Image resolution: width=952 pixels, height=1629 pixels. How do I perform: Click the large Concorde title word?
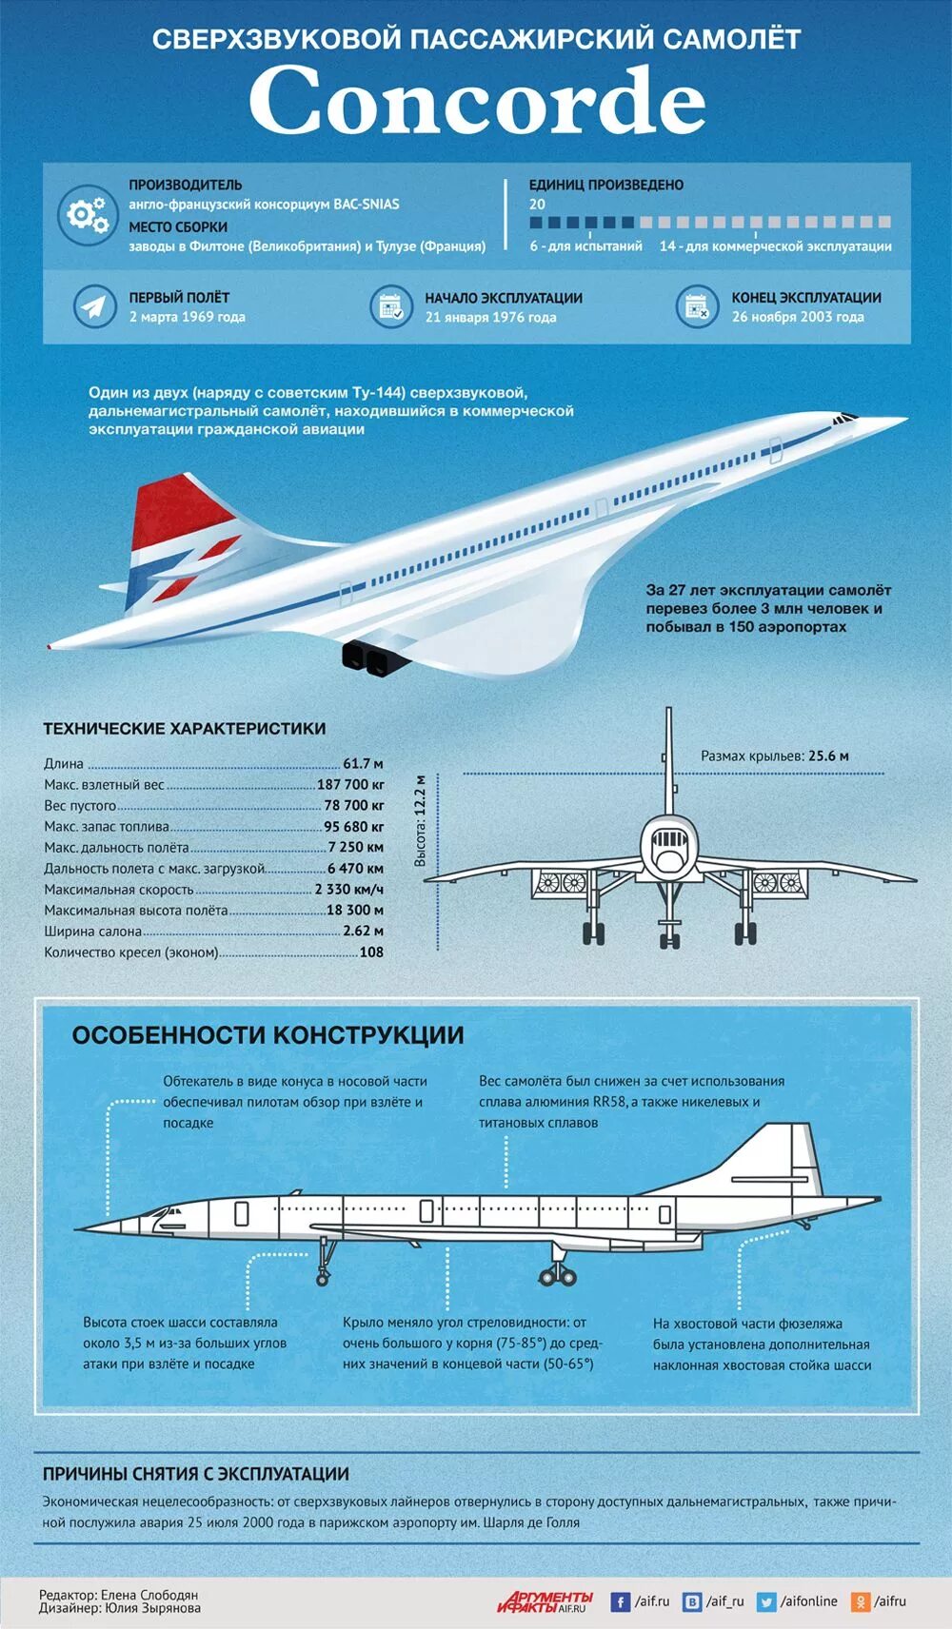(476, 101)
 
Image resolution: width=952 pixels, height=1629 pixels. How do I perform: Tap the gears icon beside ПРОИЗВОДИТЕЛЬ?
(86, 214)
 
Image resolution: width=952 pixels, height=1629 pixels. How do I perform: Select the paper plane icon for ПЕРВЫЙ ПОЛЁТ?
(94, 306)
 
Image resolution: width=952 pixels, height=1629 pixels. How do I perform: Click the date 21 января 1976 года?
(490, 318)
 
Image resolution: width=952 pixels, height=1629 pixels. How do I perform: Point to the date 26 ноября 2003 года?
(798, 318)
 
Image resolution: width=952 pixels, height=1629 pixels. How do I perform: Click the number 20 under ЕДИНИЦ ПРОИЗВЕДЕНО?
(538, 205)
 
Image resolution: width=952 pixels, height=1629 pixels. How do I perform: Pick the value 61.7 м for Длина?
(363, 764)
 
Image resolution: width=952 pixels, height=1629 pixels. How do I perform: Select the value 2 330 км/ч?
(348, 890)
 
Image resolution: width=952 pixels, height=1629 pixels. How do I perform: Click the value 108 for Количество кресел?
(371, 952)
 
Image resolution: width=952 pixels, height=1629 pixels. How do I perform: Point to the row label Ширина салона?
(93, 932)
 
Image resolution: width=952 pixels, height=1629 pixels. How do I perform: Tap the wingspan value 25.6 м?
(828, 756)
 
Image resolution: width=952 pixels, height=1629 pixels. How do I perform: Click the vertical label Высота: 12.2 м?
(421, 820)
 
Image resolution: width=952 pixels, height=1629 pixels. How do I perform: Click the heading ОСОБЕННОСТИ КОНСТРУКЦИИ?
(268, 1035)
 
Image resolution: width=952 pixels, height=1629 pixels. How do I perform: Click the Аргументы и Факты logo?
(545, 1601)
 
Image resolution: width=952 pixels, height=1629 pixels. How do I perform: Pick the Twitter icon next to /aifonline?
(766, 1602)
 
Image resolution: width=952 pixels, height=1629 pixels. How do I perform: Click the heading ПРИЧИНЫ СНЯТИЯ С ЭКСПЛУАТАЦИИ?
(195, 1474)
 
